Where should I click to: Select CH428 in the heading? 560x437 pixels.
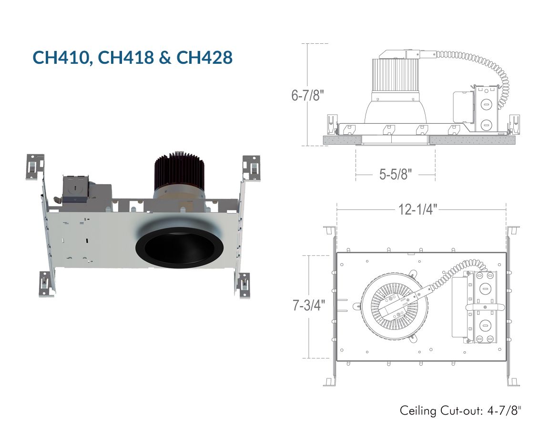tap(204, 58)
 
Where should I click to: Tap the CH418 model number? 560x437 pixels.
tap(125, 58)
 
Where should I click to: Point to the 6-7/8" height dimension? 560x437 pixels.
tap(308, 95)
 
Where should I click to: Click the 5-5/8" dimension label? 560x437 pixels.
tap(396, 174)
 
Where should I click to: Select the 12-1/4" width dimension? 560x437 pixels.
tap(417, 209)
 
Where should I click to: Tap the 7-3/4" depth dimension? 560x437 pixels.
tap(309, 305)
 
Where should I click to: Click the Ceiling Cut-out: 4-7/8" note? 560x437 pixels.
tap(460, 411)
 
